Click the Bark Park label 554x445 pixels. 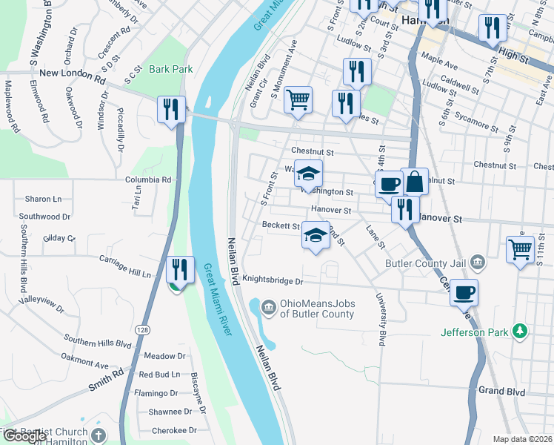coord(170,70)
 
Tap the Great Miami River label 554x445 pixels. coord(218,300)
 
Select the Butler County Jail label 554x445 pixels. coord(427,263)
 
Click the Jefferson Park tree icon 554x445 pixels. coord(521,331)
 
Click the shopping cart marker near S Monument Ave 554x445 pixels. coord(298,99)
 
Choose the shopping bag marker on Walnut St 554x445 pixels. coord(415,181)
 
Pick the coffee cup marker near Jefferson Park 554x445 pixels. coord(464,292)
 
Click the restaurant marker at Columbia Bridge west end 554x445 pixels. coord(172,109)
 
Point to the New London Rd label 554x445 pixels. coord(73,74)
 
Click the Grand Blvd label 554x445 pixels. coord(501,390)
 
